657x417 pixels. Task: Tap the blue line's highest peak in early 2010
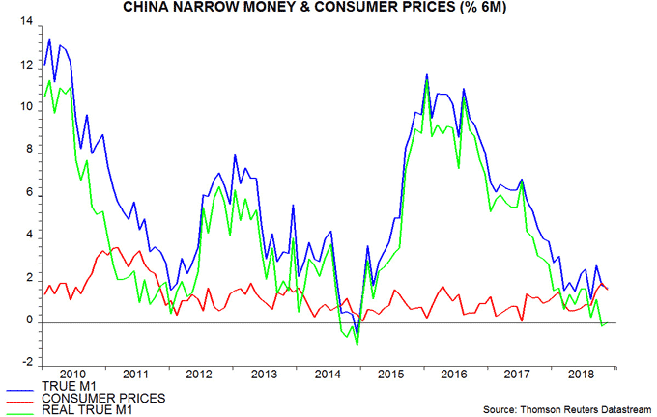pyautogui.click(x=49, y=40)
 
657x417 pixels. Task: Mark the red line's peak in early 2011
pyautogui.click(x=115, y=248)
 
